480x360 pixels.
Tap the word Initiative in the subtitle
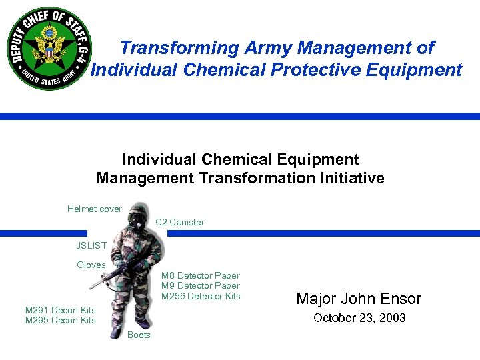[351, 178]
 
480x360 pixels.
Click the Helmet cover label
[95, 209]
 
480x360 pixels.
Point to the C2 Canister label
[180, 222]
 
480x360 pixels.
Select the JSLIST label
[91, 245]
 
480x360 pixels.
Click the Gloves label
[91, 265]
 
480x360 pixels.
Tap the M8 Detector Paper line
[201, 275]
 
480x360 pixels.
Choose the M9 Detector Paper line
[201, 285]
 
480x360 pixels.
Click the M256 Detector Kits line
[201, 296]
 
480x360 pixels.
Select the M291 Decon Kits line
[61, 310]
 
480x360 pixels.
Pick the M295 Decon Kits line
[61, 320]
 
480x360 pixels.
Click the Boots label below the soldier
[139, 335]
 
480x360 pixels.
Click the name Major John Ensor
[359, 299]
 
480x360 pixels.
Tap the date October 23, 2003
[359, 318]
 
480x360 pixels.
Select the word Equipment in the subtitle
[315, 159]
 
